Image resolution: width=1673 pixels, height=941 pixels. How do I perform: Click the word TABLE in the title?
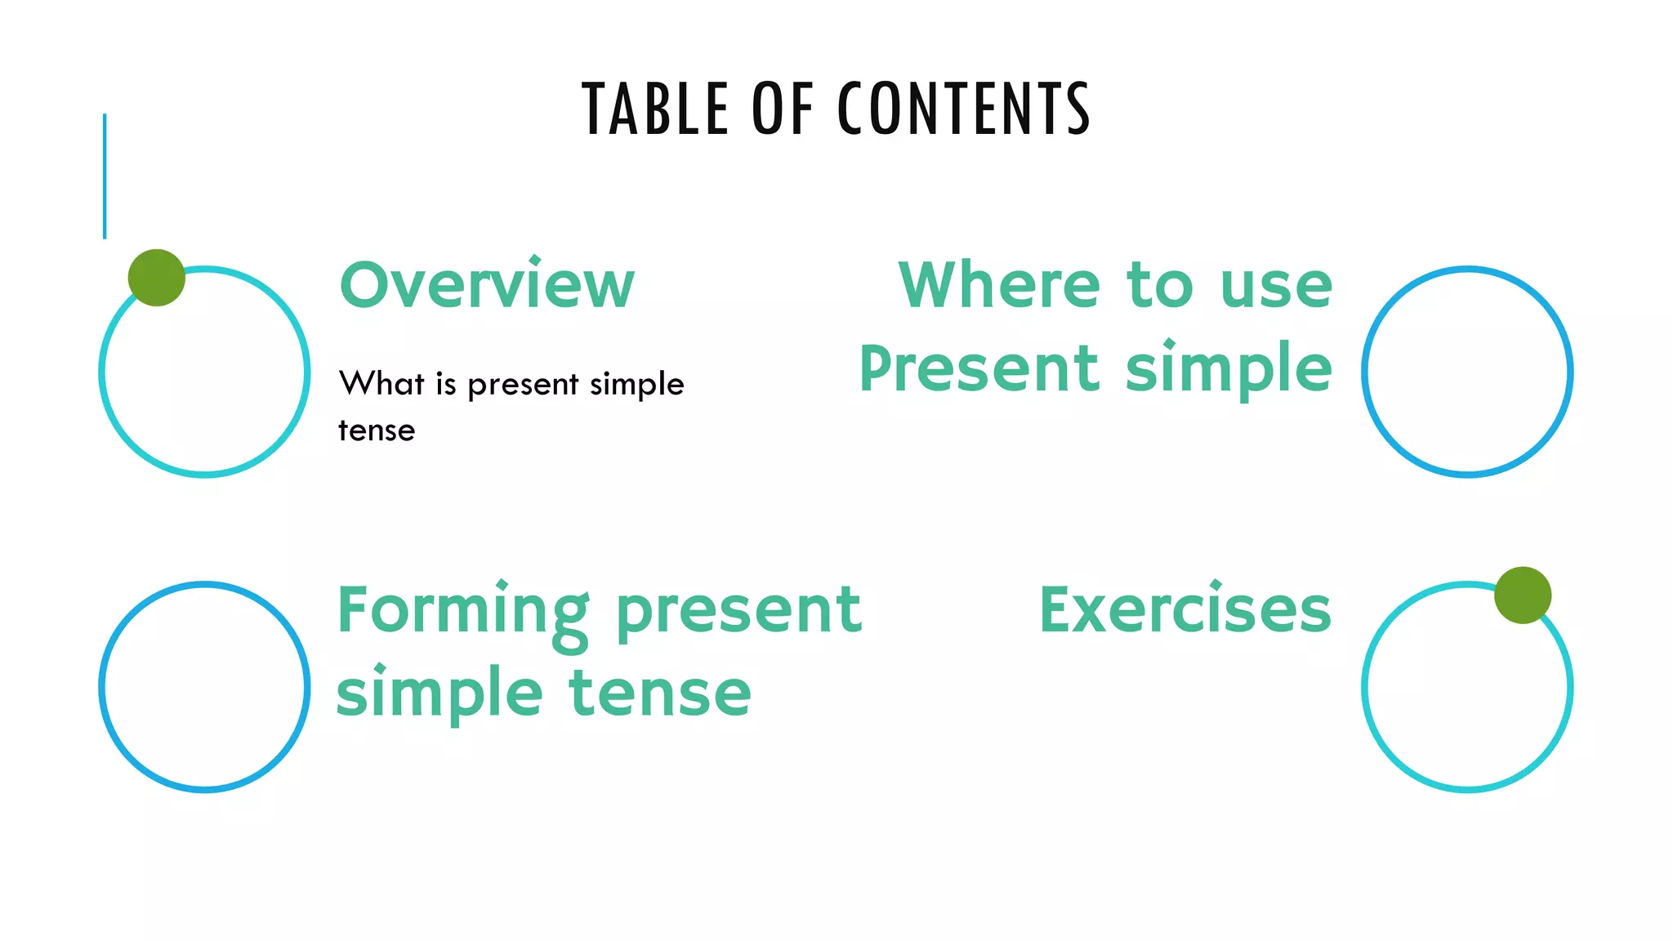[654, 109]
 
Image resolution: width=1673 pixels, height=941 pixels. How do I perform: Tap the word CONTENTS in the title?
[964, 109]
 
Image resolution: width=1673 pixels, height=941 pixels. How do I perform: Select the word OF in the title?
[783, 109]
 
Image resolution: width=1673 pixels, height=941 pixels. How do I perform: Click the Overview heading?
[487, 285]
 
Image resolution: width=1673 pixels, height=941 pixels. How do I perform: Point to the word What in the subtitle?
[381, 383]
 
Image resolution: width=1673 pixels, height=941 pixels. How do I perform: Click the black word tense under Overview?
[377, 430]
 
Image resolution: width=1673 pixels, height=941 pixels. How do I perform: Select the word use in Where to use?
[1276, 287]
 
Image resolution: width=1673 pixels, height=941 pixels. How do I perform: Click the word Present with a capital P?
[979, 368]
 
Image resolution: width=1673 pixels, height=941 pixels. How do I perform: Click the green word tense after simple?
[660, 693]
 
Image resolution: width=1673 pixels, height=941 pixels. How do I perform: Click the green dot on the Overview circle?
[157, 278]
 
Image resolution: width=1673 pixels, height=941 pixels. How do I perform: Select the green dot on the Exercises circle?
[1523, 595]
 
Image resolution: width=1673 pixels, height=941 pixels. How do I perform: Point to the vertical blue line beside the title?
[105, 176]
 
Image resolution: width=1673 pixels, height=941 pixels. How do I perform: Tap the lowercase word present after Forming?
[738, 611]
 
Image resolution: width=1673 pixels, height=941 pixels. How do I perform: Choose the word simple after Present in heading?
[1229, 370]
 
